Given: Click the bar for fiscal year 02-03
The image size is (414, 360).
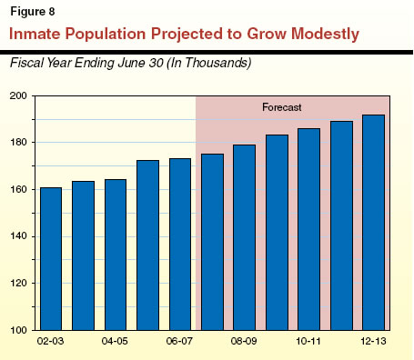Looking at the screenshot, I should click(50, 259).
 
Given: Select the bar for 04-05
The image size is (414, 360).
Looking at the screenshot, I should click(116, 255).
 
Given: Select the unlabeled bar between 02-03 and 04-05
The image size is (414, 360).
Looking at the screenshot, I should click(83, 255).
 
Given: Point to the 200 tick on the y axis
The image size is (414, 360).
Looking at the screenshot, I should click(19, 96).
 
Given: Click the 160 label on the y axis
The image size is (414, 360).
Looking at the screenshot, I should click(19, 190).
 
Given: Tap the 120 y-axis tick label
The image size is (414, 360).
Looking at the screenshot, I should click(19, 284).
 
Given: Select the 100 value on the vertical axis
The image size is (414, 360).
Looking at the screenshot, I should click(19, 331).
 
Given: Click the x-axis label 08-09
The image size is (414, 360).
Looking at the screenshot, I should click(244, 344).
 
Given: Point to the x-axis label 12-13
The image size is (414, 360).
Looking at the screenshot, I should click(374, 344).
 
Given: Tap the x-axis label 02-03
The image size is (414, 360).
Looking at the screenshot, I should click(50, 344).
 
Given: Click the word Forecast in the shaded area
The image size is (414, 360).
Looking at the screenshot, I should click(282, 105).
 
